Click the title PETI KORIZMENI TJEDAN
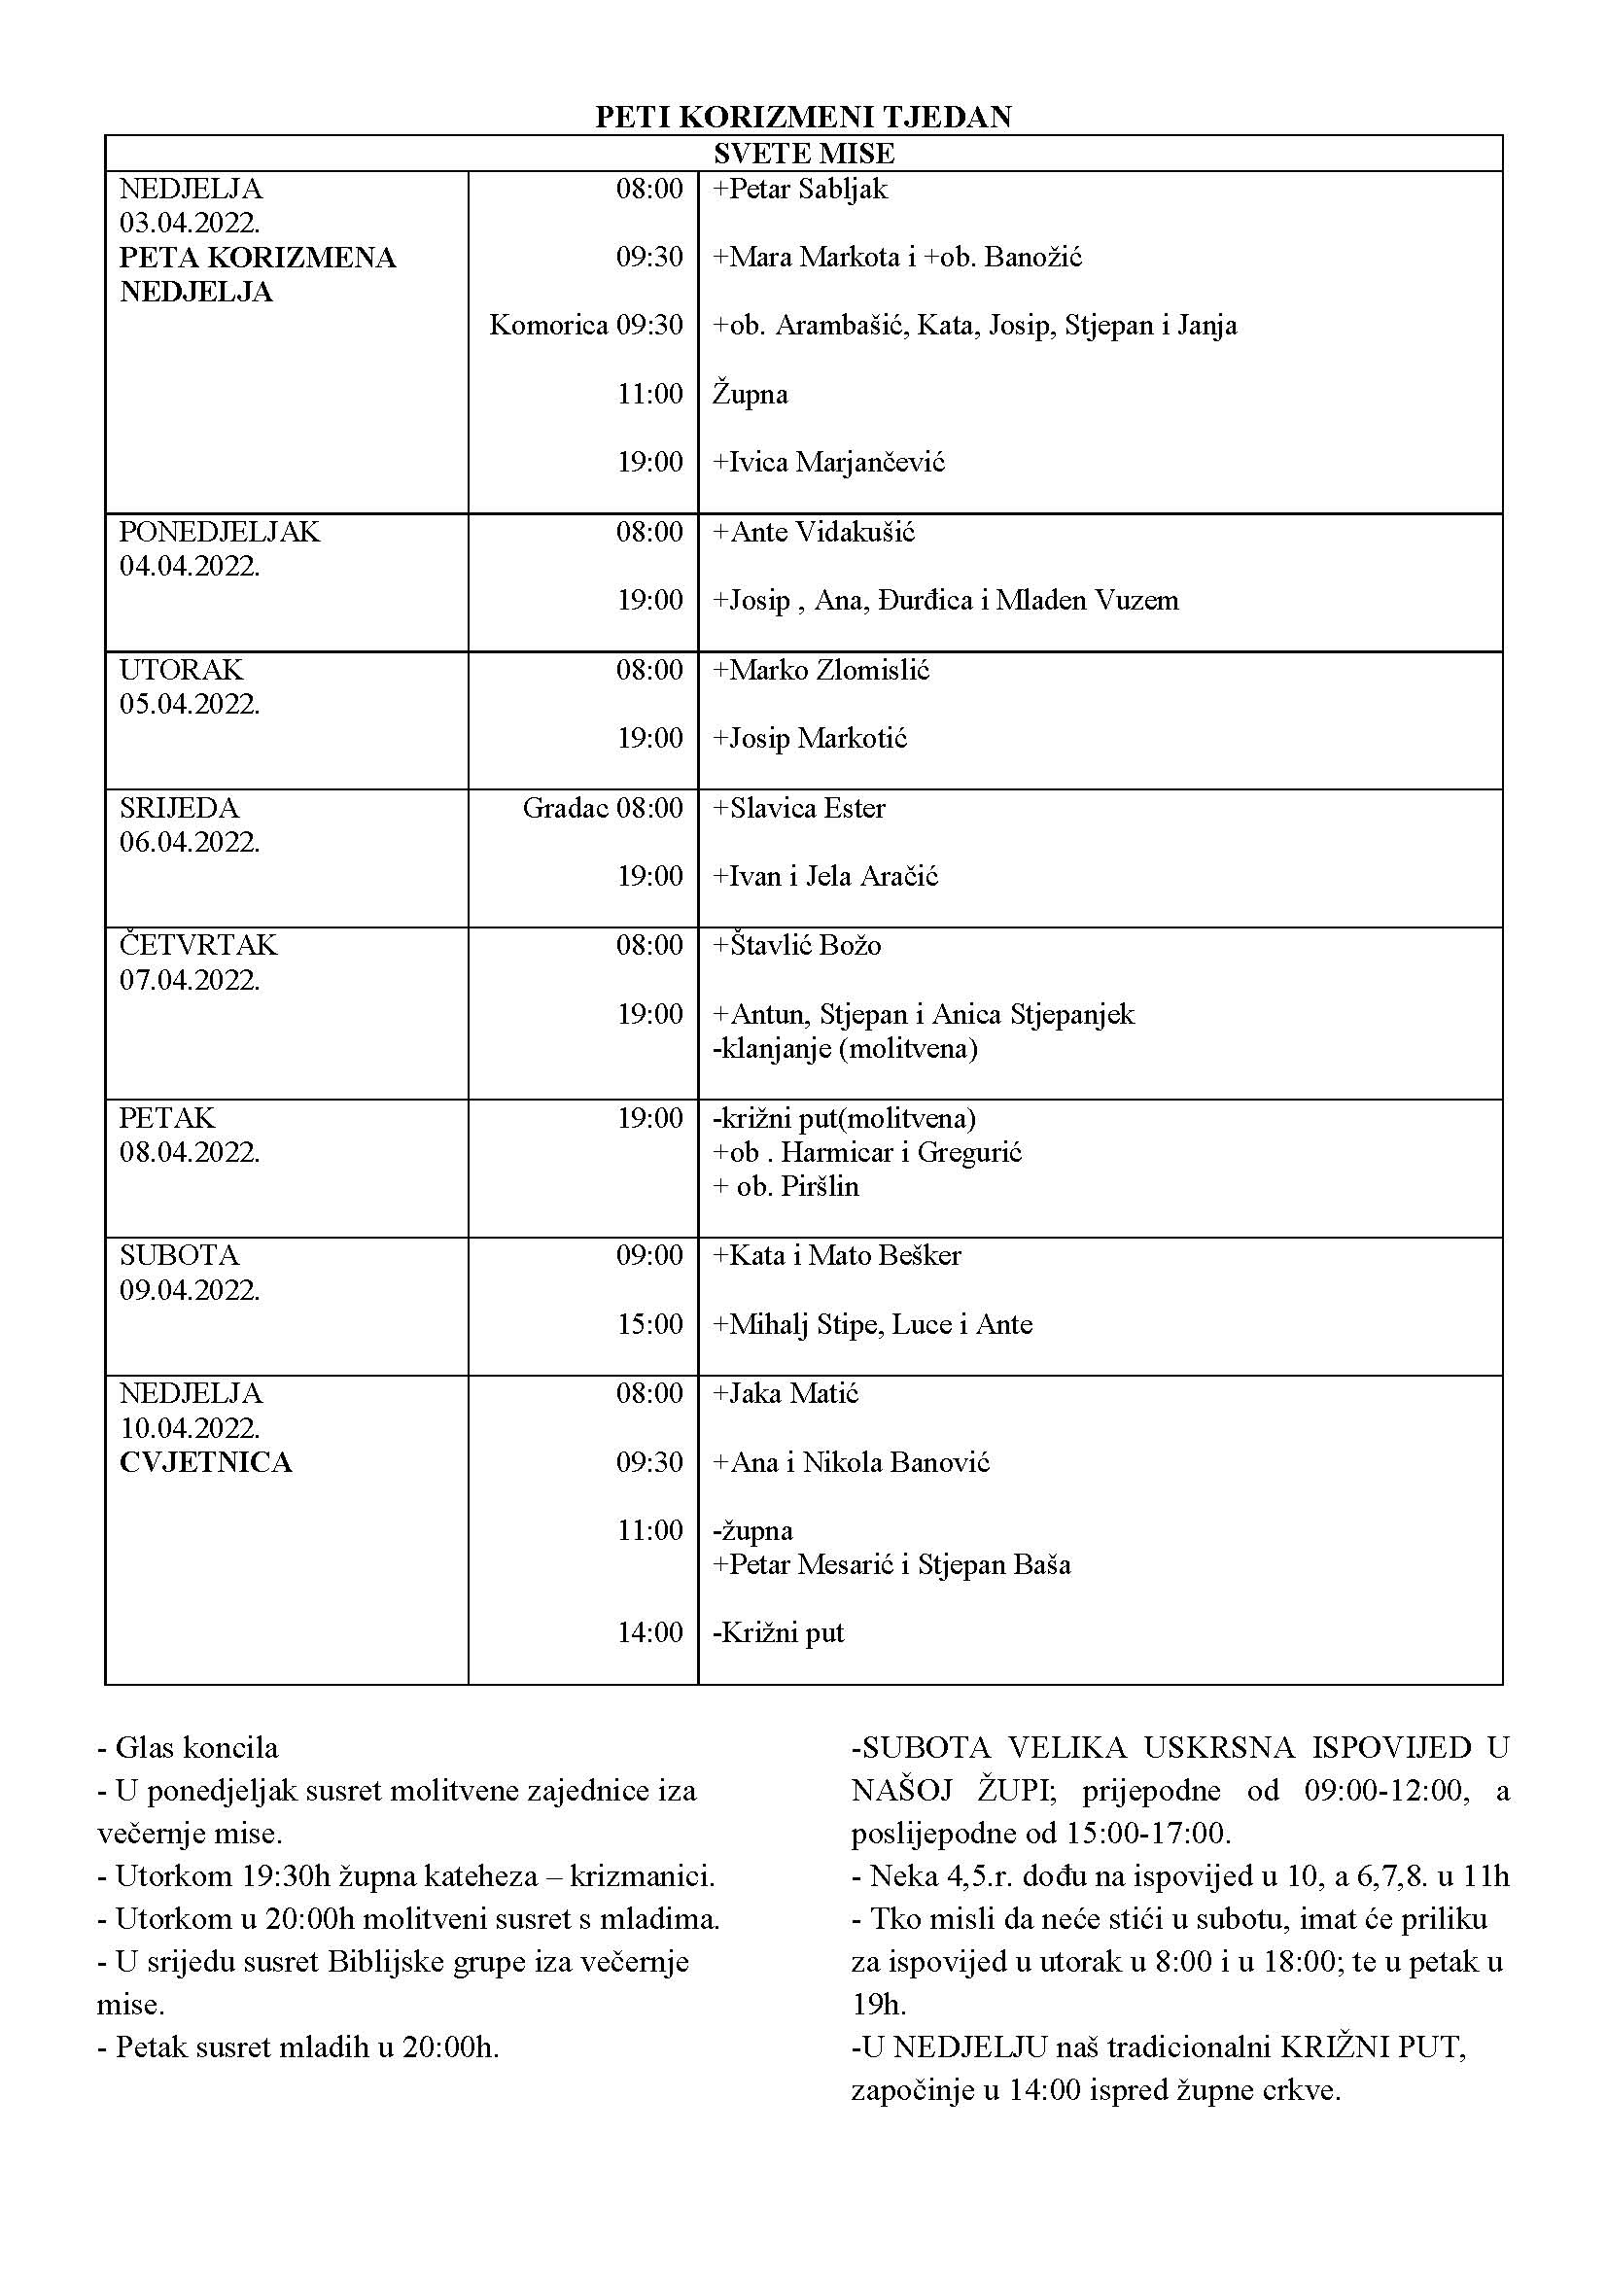803,117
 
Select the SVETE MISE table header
803,154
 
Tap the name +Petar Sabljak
800,190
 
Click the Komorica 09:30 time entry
585,326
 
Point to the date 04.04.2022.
190,567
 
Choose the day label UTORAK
180,671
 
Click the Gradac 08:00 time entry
602,808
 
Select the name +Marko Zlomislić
821,671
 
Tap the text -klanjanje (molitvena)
845,1049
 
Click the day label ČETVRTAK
198,945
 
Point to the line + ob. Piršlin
786,1186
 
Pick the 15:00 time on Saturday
649,1324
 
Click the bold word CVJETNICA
206,1463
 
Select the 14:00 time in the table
649,1633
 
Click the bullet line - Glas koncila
189,1747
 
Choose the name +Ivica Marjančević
828,463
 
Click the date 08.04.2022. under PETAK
190,1153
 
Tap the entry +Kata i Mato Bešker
837,1256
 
